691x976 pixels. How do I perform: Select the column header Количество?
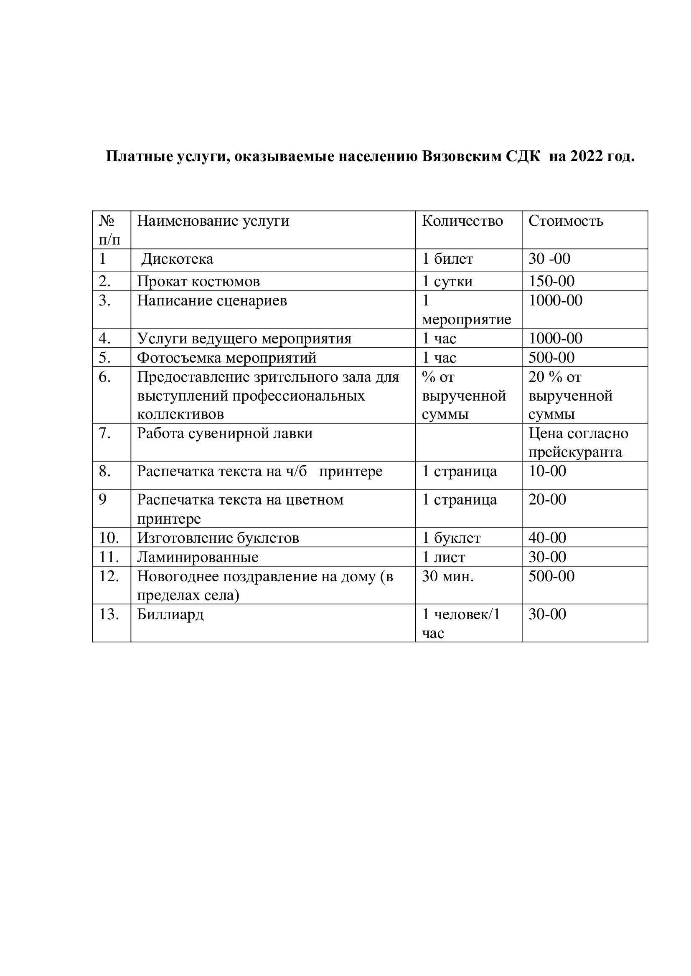pyautogui.click(x=462, y=221)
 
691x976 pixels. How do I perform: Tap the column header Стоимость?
pyautogui.click(x=566, y=221)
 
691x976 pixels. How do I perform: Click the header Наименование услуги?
pyautogui.click(x=213, y=221)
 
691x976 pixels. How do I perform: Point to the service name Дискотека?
pyautogui.click(x=177, y=259)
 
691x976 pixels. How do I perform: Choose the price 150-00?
pyautogui.click(x=551, y=281)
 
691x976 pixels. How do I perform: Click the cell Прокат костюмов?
pyautogui.click(x=198, y=281)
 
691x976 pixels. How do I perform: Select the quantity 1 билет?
pyautogui.click(x=447, y=259)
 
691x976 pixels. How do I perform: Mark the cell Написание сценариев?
pyautogui.click(x=212, y=300)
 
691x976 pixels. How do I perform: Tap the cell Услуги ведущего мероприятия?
pyautogui.click(x=244, y=338)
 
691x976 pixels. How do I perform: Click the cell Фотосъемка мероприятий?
pyautogui.click(x=226, y=358)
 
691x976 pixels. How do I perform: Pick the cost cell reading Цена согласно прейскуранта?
pyautogui.click(x=578, y=442)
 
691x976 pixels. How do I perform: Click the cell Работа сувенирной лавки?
pyautogui.click(x=225, y=433)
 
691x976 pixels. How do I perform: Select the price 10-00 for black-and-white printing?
pyautogui.click(x=547, y=471)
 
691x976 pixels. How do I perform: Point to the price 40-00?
pyautogui.click(x=547, y=538)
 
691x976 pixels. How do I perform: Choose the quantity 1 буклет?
pyautogui.click(x=451, y=538)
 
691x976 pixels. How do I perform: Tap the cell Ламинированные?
pyautogui.click(x=198, y=557)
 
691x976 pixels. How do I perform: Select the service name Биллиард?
pyautogui.click(x=170, y=614)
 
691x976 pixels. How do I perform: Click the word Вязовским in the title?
pyautogui.click(x=462, y=156)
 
